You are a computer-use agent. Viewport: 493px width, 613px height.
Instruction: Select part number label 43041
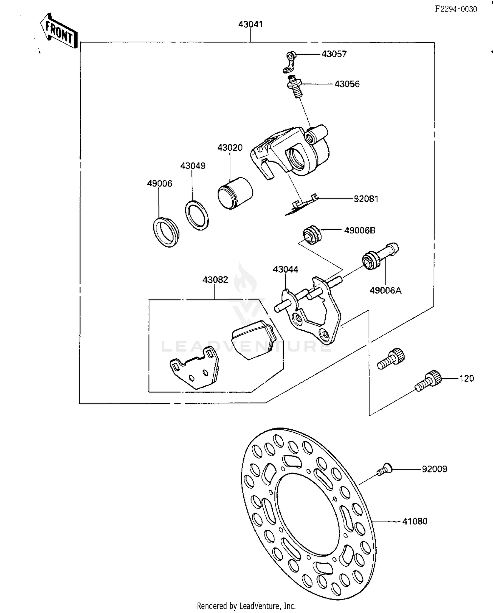click(250, 24)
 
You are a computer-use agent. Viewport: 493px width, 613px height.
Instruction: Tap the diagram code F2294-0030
click(456, 9)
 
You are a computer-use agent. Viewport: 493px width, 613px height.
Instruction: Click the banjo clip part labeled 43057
click(290, 62)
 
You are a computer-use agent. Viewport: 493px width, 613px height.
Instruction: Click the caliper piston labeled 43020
click(235, 194)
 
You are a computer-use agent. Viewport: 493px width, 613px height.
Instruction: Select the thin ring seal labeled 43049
click(197, 216)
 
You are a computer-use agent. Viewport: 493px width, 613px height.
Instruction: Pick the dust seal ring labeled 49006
click(166, 232)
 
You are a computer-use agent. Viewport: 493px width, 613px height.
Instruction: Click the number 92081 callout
click(366, 199)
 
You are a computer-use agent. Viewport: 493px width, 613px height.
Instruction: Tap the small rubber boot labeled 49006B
click(311, 235)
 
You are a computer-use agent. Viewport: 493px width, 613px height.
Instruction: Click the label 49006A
click(386, 291)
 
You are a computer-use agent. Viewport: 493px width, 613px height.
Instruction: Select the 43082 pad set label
click(215, 280)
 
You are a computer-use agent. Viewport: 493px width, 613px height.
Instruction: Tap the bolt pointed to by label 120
click(428, 381)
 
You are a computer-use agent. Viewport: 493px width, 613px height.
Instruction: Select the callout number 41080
click(415, 522)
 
